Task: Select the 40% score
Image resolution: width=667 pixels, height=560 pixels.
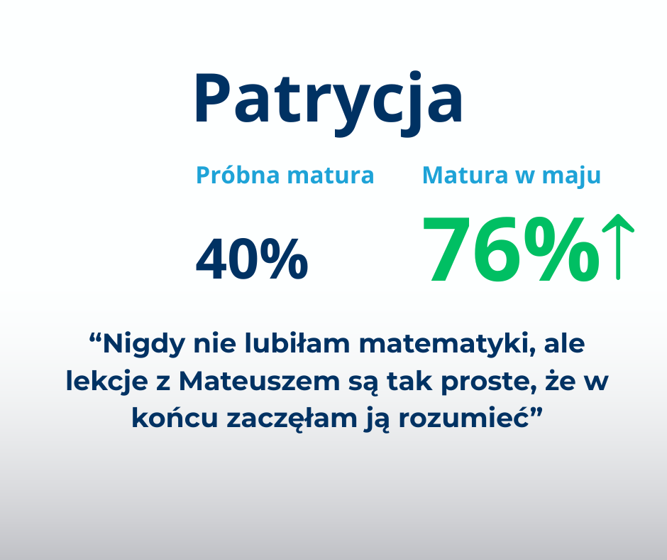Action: coord(252,259)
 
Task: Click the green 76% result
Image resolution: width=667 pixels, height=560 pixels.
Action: coord(510,249)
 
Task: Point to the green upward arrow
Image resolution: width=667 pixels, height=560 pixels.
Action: coord(618,247)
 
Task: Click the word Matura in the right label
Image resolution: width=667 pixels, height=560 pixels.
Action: coord(465,175)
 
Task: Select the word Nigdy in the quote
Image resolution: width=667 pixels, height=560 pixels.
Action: coord(144,345)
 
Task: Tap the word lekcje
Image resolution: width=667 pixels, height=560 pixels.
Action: coord(106,381)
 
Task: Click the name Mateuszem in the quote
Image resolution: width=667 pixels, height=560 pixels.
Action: coord(259,381)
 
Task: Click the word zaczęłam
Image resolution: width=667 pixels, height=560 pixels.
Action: coord(292,419)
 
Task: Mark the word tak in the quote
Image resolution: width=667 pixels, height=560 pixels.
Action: coord(410,381)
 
